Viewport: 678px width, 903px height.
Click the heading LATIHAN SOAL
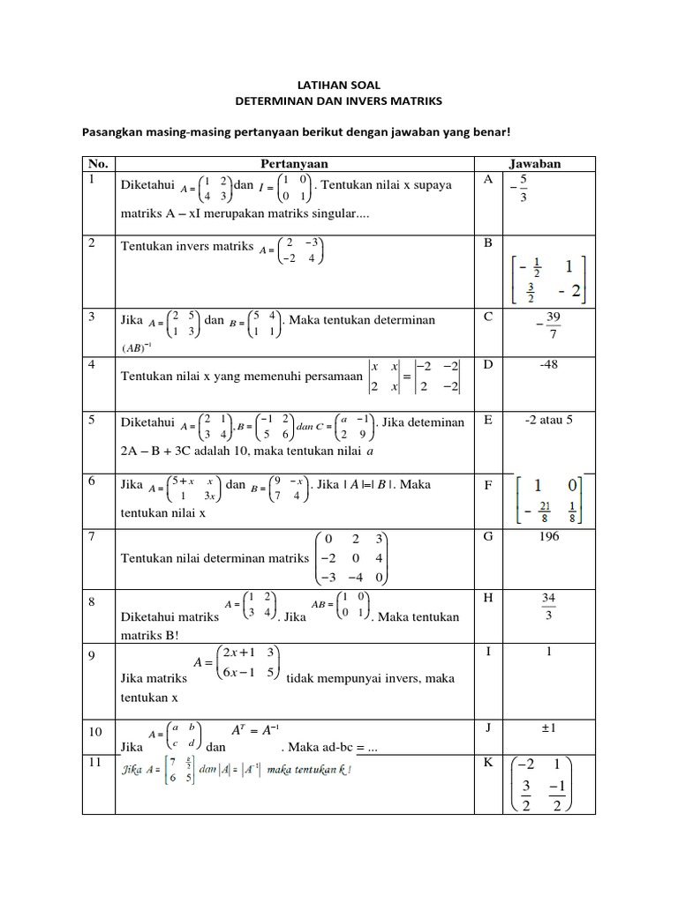point(338,85)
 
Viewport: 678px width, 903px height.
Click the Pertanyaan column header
point(296,164)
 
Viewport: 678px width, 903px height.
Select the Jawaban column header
point(535,164)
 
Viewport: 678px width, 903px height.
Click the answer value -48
point(535,363)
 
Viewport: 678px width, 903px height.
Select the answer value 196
point(535,534)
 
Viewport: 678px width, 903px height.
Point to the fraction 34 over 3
point(548,606)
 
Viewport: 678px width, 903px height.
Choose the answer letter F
point(487,484)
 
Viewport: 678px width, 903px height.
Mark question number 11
point(95,761)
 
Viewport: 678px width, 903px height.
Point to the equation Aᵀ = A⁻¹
point(255,731)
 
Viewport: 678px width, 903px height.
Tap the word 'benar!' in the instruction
point(491,132)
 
